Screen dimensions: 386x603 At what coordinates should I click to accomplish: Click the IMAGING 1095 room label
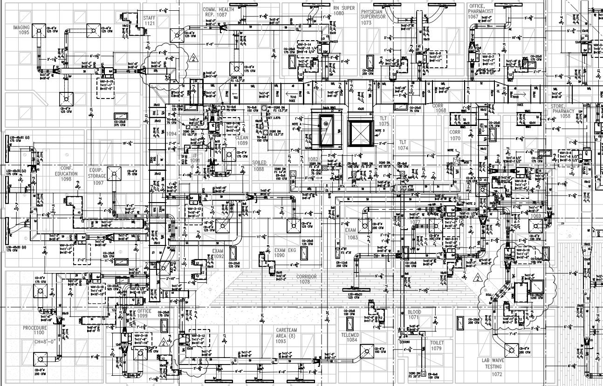point(21,30)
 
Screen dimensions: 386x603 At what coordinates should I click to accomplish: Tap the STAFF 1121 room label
point(149,20)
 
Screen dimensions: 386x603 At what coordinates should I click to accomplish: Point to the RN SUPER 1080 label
point(344,10)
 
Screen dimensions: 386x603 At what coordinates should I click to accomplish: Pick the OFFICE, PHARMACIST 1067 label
point(480,11)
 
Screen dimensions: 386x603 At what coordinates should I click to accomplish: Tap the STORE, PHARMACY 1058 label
point(562,113)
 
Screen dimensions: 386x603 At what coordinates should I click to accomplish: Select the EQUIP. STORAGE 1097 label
point(97,174)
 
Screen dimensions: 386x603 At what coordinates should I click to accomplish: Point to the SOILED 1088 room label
point(259,166)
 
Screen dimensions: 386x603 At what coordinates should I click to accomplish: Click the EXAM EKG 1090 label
point(285,253)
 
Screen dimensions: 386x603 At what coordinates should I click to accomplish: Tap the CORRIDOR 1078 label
point(306,279)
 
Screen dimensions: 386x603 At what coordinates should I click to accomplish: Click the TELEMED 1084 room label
point(349,337)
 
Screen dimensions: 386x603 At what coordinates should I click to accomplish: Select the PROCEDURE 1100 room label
point(35,330)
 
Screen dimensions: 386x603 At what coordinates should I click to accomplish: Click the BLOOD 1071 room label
point(414,315)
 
